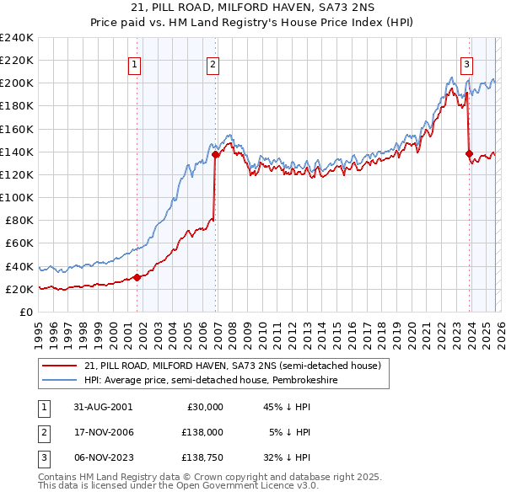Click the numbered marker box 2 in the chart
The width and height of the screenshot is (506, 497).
[x=213, y=63]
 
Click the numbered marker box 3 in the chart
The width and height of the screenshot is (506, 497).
[x=466, y=63]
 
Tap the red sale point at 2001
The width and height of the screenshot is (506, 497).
[x=137, y=277]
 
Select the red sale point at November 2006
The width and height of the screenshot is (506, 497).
[x=215, y=154]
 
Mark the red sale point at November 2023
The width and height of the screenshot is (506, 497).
[x=469, y=153]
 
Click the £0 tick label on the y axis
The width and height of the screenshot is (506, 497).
[x=25, y=312]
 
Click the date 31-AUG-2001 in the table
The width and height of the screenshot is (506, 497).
[x=102, y=406]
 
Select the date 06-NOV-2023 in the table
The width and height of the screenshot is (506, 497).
[x=103, y=458]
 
